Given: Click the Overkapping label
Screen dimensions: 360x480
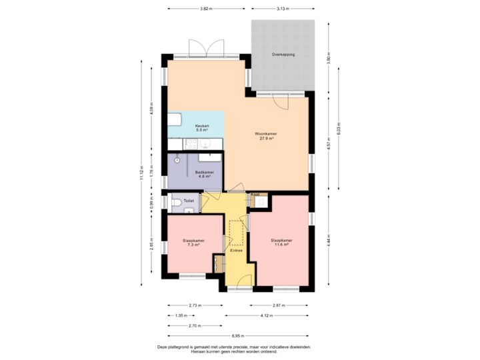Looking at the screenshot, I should pyautogui.click(x=283, y=55).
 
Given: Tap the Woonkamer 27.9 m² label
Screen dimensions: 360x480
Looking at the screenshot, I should pyautogui.click(x=266, y=136).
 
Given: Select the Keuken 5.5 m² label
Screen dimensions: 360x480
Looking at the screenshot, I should pyautogui.click(x=202, y=128).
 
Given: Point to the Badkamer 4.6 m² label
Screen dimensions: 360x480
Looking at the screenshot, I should pyautogui.click(x=203, y=174).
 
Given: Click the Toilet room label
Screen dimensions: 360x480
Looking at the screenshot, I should pyautogui.click(x=188, y=200).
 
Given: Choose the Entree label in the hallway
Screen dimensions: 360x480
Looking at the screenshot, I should pyautogui.click(x=236, y=250).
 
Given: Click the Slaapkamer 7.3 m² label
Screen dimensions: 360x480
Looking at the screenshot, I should pyautogui.click(x=193, y=243).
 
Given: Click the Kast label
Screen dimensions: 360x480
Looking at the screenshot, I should pyautogui.click(x=255, y=195).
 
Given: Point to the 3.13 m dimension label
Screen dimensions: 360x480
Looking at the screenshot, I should pyautogui.click(x=283, y=9).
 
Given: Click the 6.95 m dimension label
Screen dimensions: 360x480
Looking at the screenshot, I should pyautogui.click(x=238, y=335).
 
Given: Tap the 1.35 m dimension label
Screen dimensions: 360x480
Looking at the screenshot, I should pyautogui.click(x=179, y=315).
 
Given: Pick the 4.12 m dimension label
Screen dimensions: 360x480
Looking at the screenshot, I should pyautogui.click(x=267, y=315).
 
